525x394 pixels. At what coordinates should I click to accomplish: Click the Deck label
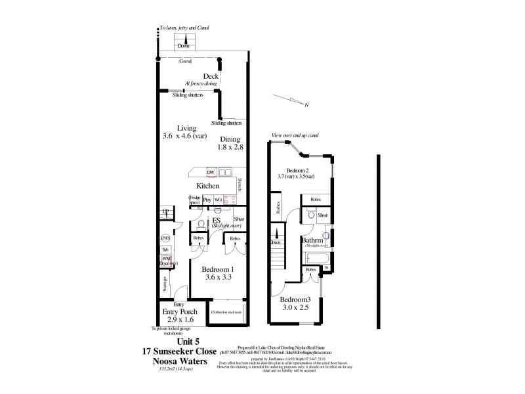pos(211,76)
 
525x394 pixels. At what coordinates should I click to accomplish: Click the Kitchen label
pos(208,186)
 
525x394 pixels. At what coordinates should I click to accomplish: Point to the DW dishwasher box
pos(211,173)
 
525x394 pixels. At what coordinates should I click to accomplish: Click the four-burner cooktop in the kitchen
pos(230,199)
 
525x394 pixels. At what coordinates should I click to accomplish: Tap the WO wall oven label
pos(218,199)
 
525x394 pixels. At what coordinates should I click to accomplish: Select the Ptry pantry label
pos(207,199)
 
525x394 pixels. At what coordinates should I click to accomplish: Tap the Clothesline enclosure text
pos(226,313)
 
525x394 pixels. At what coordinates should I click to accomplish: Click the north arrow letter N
pos(306,104)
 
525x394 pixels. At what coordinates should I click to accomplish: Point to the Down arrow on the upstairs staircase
pos(277,242)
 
